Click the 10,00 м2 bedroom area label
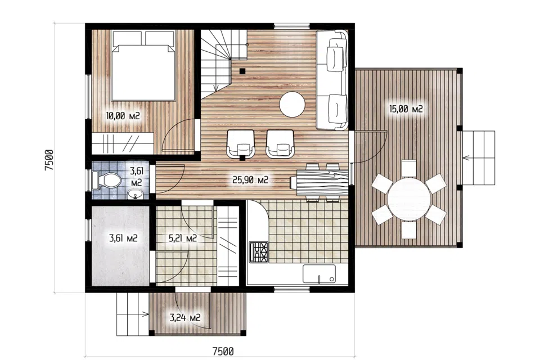[x=123, y=116]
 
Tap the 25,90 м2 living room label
[x=250, y=179]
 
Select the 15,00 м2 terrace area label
[x=406, y=109]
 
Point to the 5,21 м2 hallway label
[x=182, y=238]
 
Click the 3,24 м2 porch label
[x=185, y=317]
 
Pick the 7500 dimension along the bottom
[x=223, y=352]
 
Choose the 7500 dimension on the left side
[x=49, y=160]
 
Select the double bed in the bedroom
[x=143, y=65]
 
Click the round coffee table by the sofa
[x=292, y=104]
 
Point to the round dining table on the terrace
[x=409, y=199]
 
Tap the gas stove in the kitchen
[x=259, y=252]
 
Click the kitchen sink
[x=319, y=274]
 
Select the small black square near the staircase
[x=242, y=71]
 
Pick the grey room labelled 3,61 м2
[x=120, y=245]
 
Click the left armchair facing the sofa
[x=240, y=143]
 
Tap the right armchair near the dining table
[x=280, y=143]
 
